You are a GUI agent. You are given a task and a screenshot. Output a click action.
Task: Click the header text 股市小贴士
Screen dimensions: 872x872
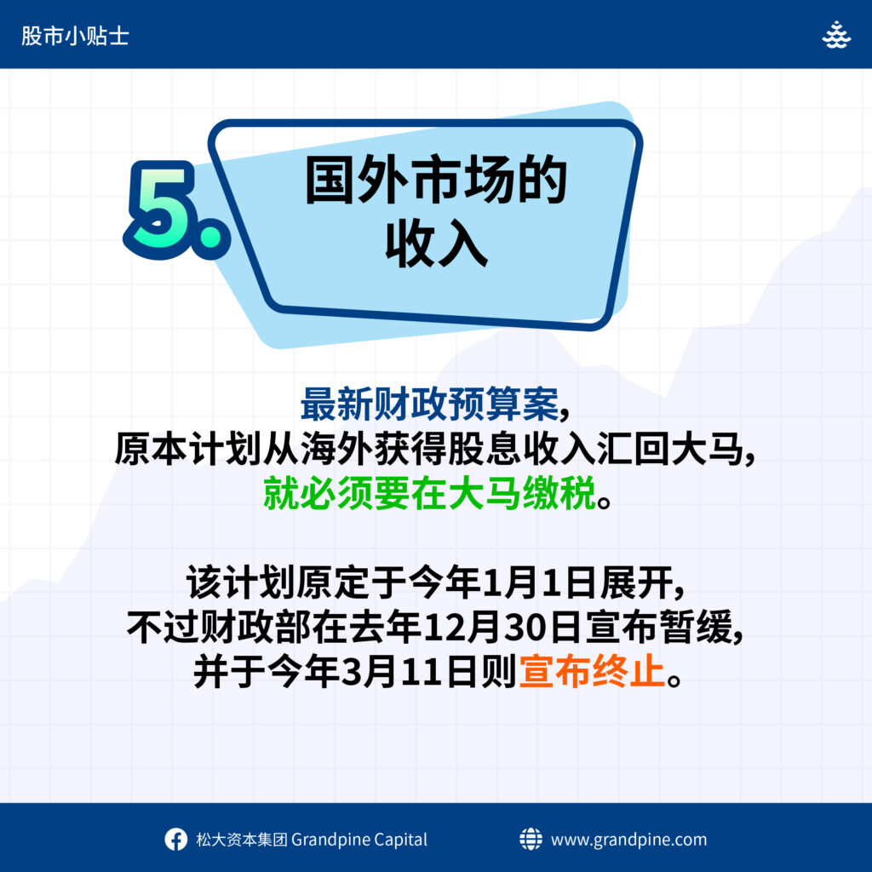[75, 36]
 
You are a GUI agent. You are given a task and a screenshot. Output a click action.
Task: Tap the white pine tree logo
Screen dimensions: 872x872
[836, 34]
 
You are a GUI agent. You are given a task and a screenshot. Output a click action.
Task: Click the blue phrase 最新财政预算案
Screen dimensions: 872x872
[429, 404]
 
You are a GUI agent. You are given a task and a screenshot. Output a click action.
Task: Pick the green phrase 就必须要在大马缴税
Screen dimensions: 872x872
[429, 493]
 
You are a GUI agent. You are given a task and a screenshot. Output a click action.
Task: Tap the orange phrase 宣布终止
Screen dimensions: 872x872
[592, 672]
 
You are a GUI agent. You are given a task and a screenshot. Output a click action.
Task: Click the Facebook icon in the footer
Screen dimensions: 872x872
[175, 839]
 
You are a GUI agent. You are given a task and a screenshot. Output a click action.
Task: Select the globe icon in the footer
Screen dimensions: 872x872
[531, 839]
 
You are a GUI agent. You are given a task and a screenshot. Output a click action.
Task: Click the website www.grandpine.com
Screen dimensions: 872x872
[629, 839]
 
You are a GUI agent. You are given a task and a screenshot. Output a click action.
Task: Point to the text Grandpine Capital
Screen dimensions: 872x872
[359, 839]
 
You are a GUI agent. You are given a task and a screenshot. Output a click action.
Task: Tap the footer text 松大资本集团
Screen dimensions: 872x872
[242, 839]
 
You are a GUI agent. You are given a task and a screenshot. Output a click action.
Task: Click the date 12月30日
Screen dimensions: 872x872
[502, 628]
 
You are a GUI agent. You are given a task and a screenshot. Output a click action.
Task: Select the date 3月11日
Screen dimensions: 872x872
[410, 672]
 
